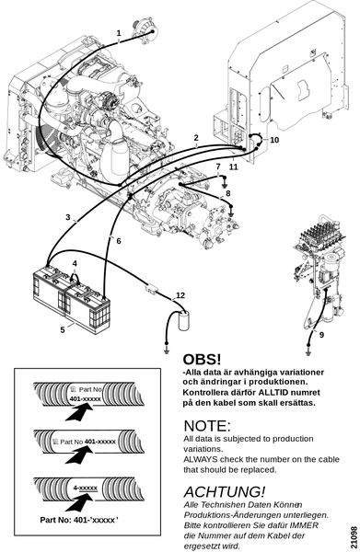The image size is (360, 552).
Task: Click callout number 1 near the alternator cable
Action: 119,33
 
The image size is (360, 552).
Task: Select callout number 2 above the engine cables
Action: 196,138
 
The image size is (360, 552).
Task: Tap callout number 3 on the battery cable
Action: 68,217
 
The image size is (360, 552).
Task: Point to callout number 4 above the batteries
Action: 75,264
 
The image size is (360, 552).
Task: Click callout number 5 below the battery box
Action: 63,330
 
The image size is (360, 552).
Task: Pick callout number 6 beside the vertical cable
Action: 119,241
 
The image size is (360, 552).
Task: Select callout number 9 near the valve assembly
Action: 321,335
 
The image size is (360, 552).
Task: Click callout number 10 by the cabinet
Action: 274,140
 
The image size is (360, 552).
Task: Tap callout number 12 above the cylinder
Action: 180,295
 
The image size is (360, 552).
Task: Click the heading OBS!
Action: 202,360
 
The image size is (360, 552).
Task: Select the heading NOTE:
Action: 207,426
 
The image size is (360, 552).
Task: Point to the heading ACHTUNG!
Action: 225,491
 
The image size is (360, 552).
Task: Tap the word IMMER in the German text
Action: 305,525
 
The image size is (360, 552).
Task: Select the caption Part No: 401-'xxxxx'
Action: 79,520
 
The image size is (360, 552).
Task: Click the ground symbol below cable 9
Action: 308,352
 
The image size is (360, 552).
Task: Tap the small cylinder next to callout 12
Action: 184,321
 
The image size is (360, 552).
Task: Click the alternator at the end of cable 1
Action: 145,30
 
